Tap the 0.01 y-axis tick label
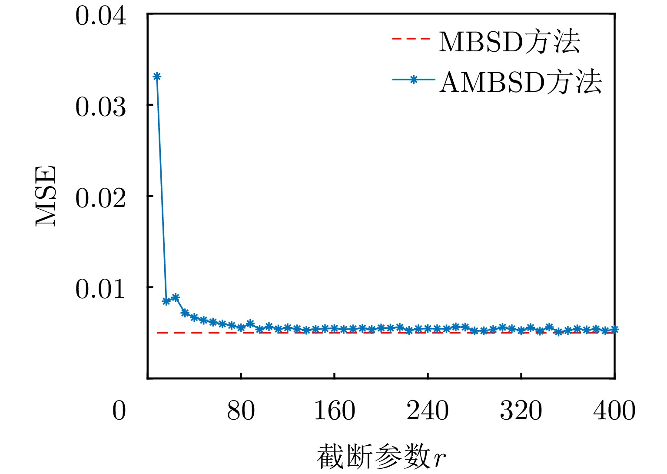click(x=101, y=289)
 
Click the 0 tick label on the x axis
click(x=119, y=411)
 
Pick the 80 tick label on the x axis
click(x=241, y=411)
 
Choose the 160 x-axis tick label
click(x=334, y=411)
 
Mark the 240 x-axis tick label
click(x=428, y=411)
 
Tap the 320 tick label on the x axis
click(x=521, y=411)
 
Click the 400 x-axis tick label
click(x=614, y=411)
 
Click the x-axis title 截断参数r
click(x=381, y=457)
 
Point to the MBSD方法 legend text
click(x=509, y=42)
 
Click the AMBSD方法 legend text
click(x=521, y=81)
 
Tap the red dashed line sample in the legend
click(x=411, y=39)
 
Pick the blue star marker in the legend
click(x=414, y=80)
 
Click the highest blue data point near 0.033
click(x=157, y=77)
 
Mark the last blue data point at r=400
click(x=614, y=330)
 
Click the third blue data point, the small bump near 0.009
click(x=176, y=297)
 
